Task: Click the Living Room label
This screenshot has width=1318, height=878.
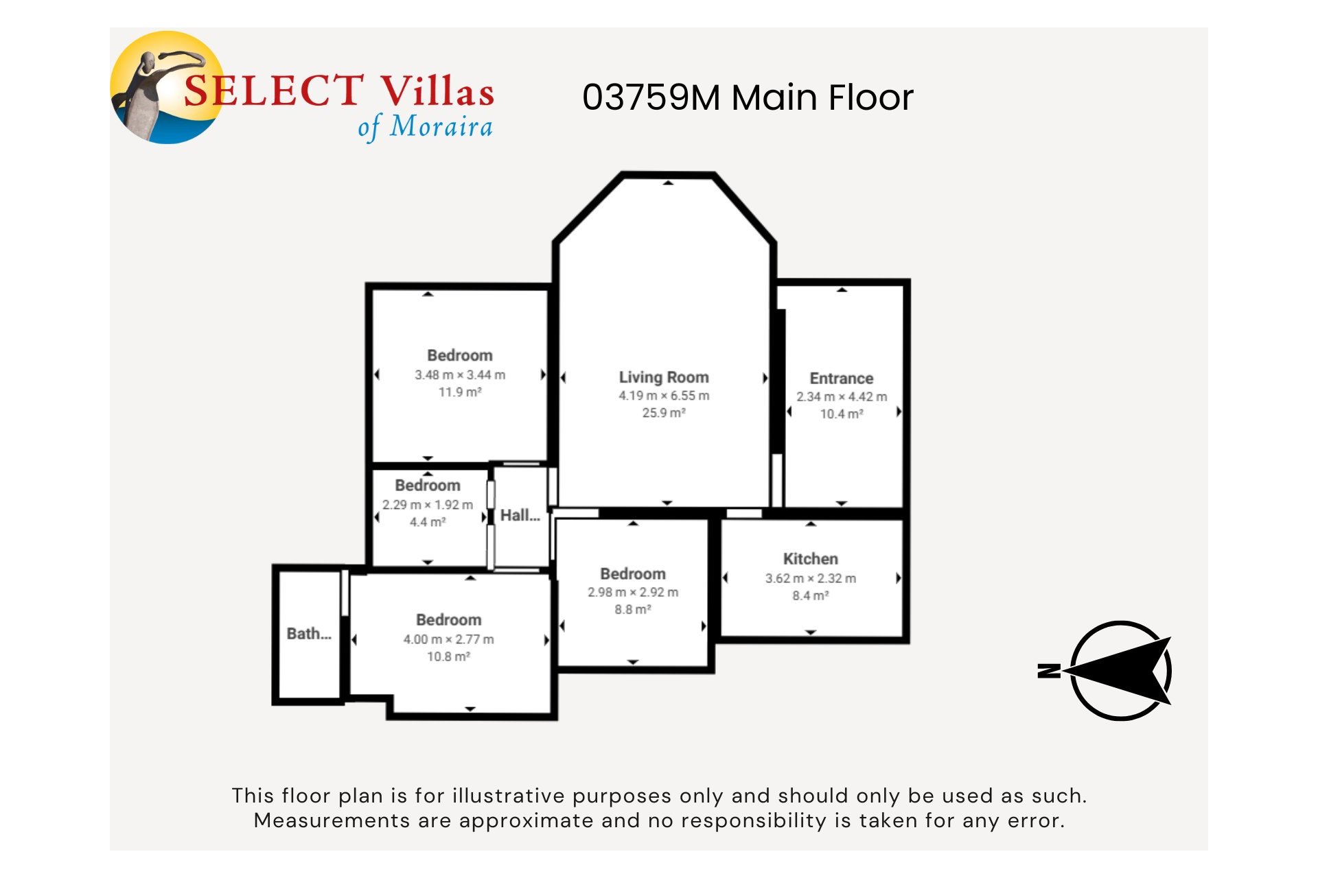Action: coord(663,377)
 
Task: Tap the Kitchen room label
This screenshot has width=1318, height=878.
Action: coord(810,559)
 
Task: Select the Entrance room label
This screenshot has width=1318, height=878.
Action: coord(841,379)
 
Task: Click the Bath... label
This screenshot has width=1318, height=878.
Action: coord(309,634)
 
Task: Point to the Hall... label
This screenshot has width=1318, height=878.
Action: coord(520,516)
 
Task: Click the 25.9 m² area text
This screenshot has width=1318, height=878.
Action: coord(663,413)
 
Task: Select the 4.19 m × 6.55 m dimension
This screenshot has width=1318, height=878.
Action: coord(663,396)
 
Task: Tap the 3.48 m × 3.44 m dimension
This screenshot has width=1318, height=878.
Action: coord(459,375)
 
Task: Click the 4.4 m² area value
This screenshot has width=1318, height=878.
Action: coord(427,522)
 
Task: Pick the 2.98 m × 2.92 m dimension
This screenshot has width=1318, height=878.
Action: coord(632,592)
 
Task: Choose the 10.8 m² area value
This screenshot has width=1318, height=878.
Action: coord(448,656)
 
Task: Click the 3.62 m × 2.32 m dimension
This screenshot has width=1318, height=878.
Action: coord(810,578)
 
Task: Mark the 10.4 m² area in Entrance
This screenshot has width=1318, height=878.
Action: coord(841,414)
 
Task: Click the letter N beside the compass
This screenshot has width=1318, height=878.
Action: coord(1048,670)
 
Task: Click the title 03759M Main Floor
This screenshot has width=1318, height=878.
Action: coord(748,97)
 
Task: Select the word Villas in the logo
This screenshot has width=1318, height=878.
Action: coord(437,92)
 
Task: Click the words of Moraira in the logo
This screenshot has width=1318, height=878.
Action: coord(425,127)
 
